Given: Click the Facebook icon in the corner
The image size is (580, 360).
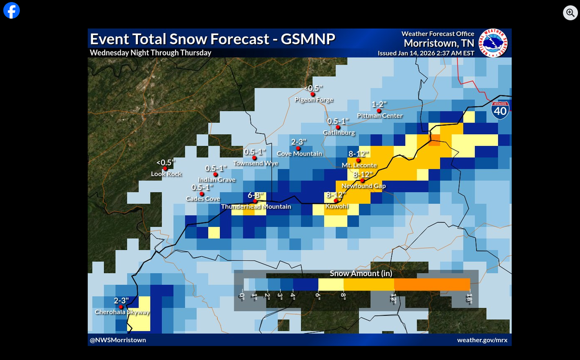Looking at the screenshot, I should click(x=11, y=11).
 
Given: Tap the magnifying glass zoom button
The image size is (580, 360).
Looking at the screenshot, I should click(x=570, y=13).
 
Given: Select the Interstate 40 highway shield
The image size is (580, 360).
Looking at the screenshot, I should click(x=500, y=109).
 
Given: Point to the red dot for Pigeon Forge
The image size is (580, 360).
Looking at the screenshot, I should click(x=312, y=94).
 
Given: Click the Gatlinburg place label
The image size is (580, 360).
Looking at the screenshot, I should click(x=339, y=133).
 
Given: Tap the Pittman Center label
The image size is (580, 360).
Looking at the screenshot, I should click(x=380, y=116).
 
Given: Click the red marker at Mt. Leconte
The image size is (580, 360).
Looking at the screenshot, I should click(x=358, y=161).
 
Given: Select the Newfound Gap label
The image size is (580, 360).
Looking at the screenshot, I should click(x=363, y=186).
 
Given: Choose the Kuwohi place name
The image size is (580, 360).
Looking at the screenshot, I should click(x=336, y=206).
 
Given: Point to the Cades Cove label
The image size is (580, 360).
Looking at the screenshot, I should click(x=202, y=199).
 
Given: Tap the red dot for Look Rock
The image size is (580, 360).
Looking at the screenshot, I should click(x=165, y=168).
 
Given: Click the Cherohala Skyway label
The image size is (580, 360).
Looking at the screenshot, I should click(x=122, y=312).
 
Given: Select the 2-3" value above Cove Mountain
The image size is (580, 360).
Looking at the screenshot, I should click(x=299, y=142).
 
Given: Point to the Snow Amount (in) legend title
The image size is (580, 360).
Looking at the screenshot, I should click(x=361, y=274).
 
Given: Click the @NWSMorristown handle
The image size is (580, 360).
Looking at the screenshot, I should click(x=118, y=340).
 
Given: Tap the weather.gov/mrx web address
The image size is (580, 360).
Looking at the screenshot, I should click(x=482, y=340).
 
